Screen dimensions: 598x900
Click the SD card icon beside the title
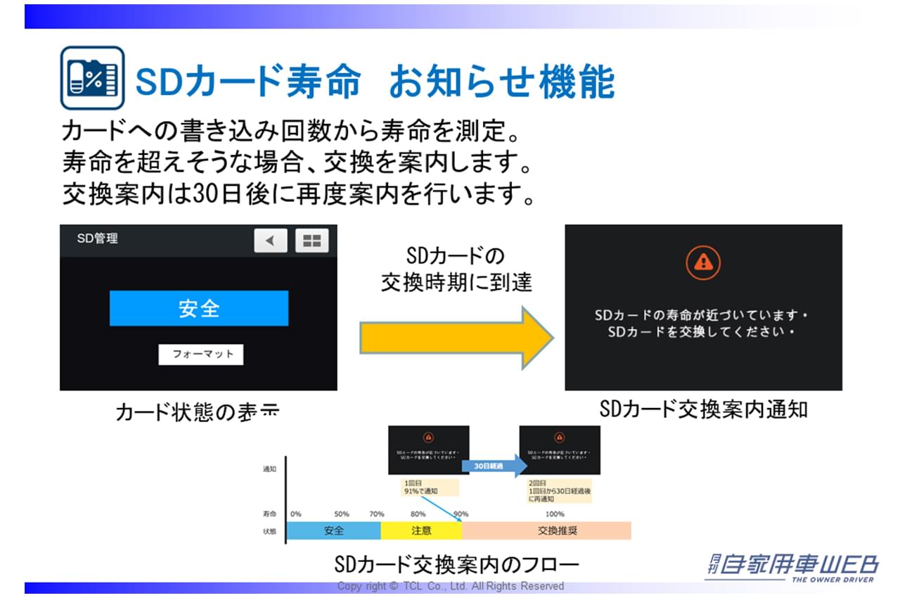(x=92, y=78)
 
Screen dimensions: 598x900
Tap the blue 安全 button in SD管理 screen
(x=199, y=308)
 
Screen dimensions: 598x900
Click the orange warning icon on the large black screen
(x=702, y=263)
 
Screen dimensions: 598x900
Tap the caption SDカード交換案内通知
(x=703, y=409)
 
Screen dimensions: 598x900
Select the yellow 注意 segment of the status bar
(x=421, y=530)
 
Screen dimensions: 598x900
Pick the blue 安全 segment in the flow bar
(x=333, y=530)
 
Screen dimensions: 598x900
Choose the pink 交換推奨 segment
(x=546, y=530)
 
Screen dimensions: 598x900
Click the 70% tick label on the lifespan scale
(x=377, y=514)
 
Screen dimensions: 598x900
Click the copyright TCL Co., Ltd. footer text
(x=450, y=586)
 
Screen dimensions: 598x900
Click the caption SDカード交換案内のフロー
(x=457, y=564)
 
